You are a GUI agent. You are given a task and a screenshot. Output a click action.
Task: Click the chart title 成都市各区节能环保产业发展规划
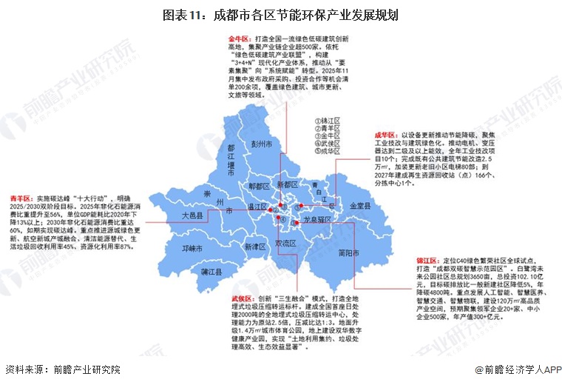(x=281, y=15)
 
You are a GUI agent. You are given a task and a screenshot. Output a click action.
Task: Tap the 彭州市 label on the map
(x=263, y=143)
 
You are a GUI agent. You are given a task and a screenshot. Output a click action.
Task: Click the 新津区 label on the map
(x=258, y=247)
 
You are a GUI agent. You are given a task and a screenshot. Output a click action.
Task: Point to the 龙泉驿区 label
(x=320, y=221)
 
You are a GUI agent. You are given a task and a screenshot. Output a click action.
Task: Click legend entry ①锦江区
(x=326, y=119)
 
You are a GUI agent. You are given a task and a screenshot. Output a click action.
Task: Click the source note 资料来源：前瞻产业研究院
(x=63, y=370)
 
